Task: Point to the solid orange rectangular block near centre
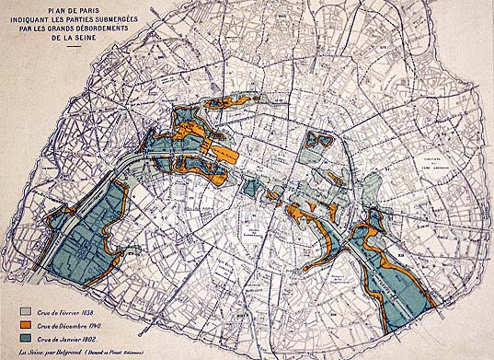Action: coord(226,152)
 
